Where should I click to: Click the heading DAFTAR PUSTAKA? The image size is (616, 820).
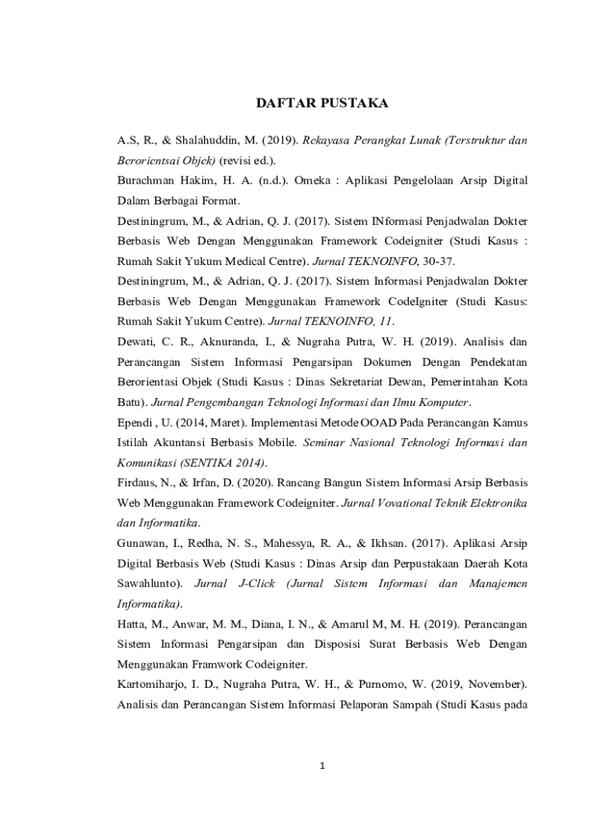click(x=321, y=103)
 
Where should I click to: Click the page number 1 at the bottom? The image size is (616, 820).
click(x=322, y=766)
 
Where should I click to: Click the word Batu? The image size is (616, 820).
click(x=130, y=401)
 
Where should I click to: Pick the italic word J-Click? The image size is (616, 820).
click(x=256, y=583)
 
